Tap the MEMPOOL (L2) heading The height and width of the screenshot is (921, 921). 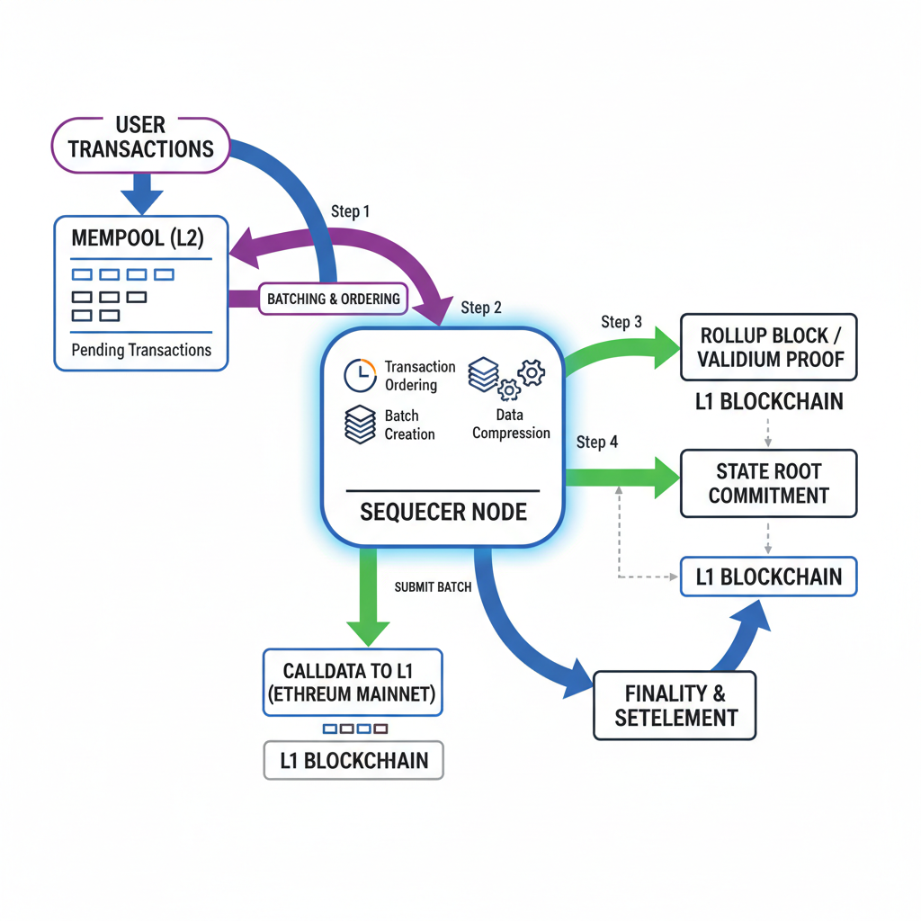138,238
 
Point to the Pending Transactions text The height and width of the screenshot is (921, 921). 141,350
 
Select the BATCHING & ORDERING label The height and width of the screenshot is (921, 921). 333,299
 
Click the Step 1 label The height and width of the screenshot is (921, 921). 351,212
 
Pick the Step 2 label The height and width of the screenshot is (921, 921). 481,308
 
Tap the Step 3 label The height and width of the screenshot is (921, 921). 621,322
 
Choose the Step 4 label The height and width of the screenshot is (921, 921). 597,442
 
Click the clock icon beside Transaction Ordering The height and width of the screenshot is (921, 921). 360,375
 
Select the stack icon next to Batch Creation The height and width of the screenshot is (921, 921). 360,424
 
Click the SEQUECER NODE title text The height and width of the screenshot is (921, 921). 443,512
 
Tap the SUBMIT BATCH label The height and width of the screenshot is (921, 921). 433,587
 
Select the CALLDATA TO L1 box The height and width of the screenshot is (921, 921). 353,682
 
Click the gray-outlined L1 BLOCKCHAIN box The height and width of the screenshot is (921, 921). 353,760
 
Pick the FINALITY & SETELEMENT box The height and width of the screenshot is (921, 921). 675,705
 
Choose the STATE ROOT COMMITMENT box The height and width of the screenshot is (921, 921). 768,483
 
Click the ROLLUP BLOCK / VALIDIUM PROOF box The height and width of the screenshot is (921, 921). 768,347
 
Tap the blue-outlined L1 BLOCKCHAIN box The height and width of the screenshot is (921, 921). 768,577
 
